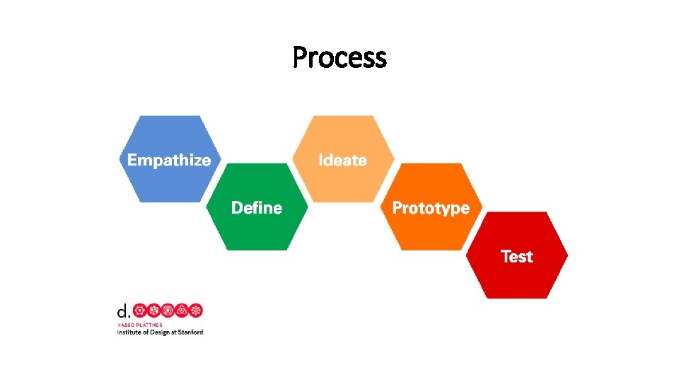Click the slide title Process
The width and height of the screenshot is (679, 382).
(339, 57)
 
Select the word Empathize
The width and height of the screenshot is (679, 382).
(169, 160)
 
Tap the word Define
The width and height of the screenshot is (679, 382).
(257, 208)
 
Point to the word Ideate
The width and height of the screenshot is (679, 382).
(342, 160)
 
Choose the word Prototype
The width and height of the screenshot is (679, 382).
(431, 208)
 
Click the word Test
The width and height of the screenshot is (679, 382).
(516, 256)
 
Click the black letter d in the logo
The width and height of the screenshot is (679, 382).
(122, 311)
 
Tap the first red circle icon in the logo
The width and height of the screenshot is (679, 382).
(140, 310)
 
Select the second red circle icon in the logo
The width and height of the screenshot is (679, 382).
(154, 310)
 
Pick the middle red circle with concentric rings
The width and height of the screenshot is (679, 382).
(168, 310)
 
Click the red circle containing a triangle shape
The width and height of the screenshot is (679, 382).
(182, 310)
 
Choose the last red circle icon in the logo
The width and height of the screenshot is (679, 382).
(197, 310)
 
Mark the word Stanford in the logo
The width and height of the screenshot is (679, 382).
(191, 332)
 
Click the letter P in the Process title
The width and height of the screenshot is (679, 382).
(300, 57)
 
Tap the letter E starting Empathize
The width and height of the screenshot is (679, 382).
(132, 160)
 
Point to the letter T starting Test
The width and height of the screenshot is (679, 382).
(506, 256)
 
